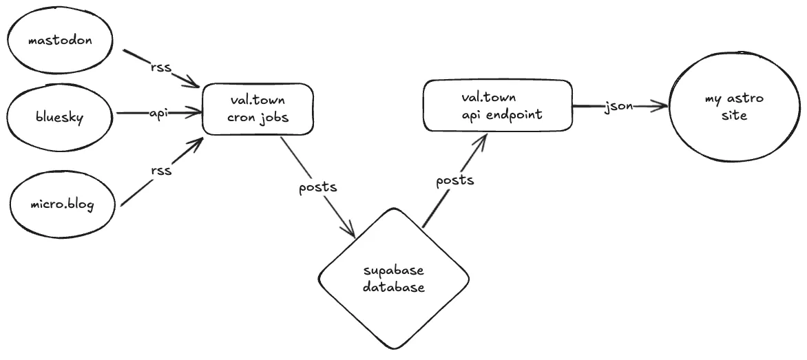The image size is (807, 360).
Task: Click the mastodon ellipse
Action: (60, 41)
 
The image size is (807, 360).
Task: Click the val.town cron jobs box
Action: (258, 109)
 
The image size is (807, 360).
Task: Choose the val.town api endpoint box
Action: (498, 106)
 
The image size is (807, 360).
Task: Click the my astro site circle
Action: (735, 107)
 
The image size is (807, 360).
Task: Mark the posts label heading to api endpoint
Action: (455, 180)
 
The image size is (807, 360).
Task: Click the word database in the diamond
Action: (394, 288)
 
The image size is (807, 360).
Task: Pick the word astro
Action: (746, 100)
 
